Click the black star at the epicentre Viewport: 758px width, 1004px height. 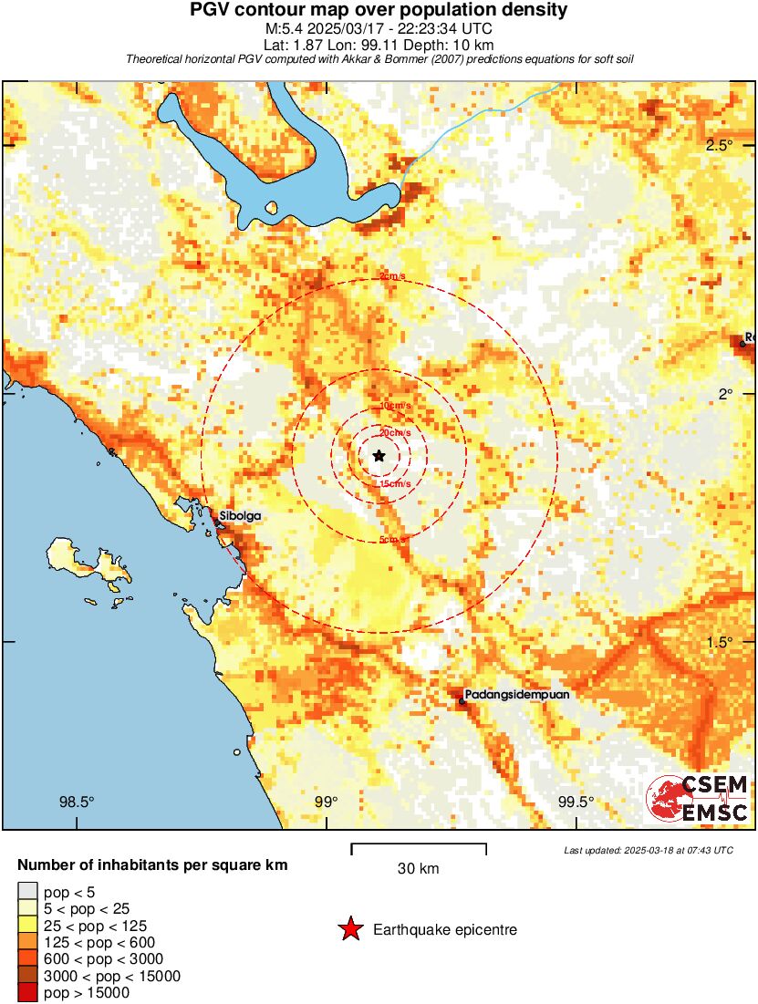(x=379, y=455)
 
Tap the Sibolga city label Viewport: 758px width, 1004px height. (x=240, y=516)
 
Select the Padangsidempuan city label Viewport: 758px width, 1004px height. (x=516, y=695)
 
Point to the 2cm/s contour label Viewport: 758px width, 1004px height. (x=393, y=277)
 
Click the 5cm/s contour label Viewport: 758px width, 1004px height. (x=393, y=540)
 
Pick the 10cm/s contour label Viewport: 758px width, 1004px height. (x=395, y=405)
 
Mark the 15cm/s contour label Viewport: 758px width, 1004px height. (x=395, y=483)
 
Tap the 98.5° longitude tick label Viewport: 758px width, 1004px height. (x=77, y=802)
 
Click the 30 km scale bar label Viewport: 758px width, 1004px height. (x=419, y=869)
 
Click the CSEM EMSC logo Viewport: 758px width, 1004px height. (x=698, y=799)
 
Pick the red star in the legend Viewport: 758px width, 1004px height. (x=349, y=930)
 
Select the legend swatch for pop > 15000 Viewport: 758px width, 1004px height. (x=27, y=993)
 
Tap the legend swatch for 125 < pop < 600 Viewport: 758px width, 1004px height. (x=27, y=942)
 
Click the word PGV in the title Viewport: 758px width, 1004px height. (x=212, y=11)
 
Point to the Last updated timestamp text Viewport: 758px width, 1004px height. (x=648, y=850)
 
